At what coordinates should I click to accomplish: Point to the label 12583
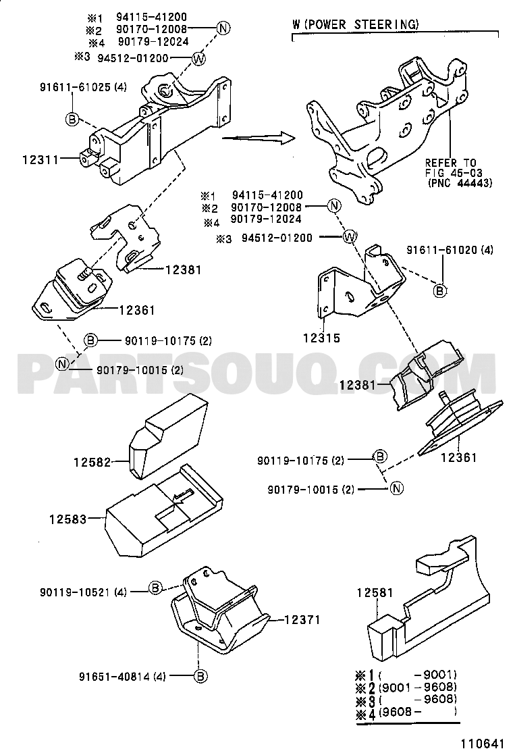point(66,519)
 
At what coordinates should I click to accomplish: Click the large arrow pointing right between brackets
point(259,138)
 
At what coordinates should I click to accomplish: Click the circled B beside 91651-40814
point(200,675)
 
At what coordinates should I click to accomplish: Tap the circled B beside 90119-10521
point(155,588)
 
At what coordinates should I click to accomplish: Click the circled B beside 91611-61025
point(72,120)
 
